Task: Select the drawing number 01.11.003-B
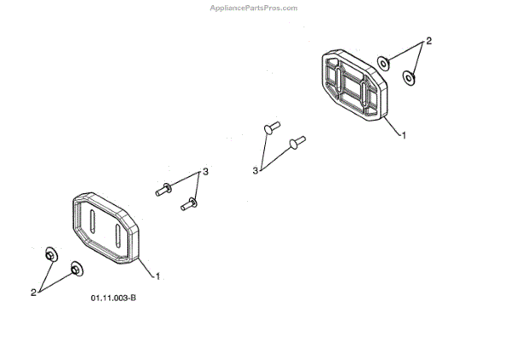(114, 298)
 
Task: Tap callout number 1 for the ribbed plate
(404, 134)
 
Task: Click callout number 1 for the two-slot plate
(157, 275)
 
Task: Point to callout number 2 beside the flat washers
(428, 41)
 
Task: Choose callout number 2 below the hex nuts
(34, 292)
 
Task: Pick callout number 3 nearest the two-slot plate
(205, 173)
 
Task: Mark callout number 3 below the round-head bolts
(255, 171)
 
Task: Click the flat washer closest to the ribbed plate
(386, 62)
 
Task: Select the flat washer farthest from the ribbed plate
(410, 79)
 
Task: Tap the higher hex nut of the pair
(50, 254)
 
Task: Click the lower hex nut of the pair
(76, 269)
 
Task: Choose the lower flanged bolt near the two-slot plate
(189, 204)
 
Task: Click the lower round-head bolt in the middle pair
(297, 141)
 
